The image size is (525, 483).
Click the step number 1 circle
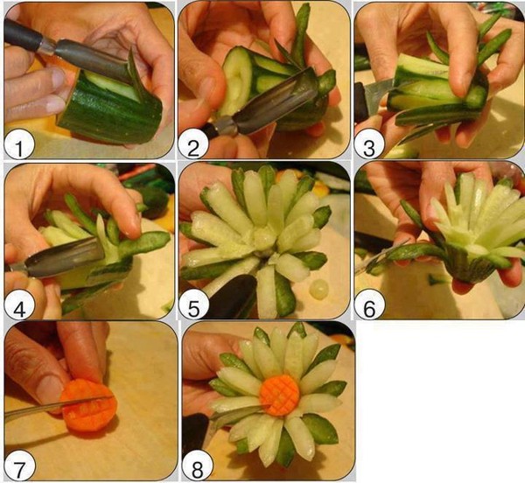pyautogui.click(x=19, y=144)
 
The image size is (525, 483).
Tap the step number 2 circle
pyautogui.click(x=193, y=144)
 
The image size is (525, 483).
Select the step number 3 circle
pyautogui.click(x=369, y=144)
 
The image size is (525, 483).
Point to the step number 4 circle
pyautogui.click(x=19, y=304)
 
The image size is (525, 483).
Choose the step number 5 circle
pyautogui.click(x=194, y=304)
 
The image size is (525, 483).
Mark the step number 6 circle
pyautogui.click(x=369, y=304)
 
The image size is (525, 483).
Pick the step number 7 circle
pyautogui.click(x=20, y=465)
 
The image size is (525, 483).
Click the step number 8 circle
pyautogui.click(x=197, y=465)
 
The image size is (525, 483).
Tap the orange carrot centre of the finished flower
pyautogui.click(x=280, y=395)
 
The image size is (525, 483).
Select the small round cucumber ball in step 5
pyautogui.click(x=319, y=290)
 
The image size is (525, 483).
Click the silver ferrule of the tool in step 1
pyautogui.click(x=48, y=45)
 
